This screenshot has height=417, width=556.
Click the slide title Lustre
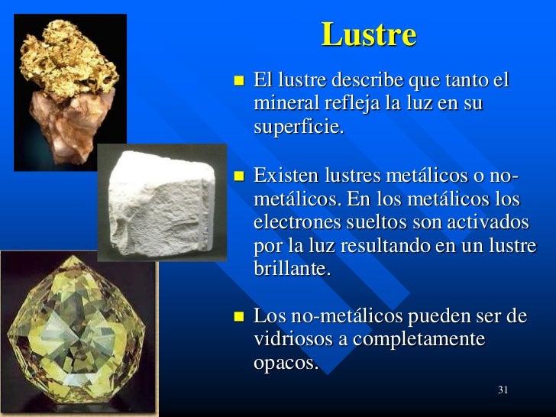(x=369, y=35)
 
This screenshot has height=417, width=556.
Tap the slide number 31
(x=503, y=390)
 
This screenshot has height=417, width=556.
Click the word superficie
(x=299, y=126)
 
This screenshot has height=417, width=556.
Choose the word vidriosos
(x=293, y=338)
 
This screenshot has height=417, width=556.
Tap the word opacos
(x=285, y=363)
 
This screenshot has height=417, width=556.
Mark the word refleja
(x=344, y=103)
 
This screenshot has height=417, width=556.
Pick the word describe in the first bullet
(x=367, y=79)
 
